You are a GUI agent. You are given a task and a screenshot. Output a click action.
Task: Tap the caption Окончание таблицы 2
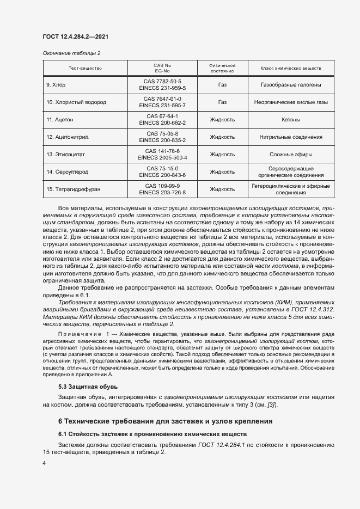point(71,53)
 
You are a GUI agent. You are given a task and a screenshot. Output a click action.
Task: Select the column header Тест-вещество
point(85,68)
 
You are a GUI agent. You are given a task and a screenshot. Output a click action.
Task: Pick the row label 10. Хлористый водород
point(76,102)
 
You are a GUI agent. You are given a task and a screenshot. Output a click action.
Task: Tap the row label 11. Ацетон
point(60,119)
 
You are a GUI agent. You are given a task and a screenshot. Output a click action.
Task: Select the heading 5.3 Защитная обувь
point(84,387)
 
